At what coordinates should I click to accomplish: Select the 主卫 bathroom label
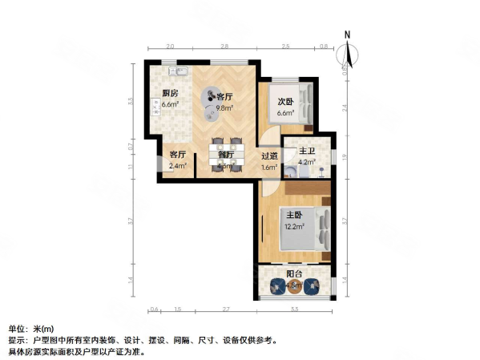click(x=306, y=151)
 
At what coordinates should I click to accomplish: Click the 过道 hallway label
click(x=270, y=156)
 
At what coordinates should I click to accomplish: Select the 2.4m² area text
click(x=177, y=166)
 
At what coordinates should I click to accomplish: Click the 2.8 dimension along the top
click(x=225, y=47)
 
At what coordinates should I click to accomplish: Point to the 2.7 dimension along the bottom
click(x=227, y=308)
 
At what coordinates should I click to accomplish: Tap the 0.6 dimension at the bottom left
click(x=152, y=308)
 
